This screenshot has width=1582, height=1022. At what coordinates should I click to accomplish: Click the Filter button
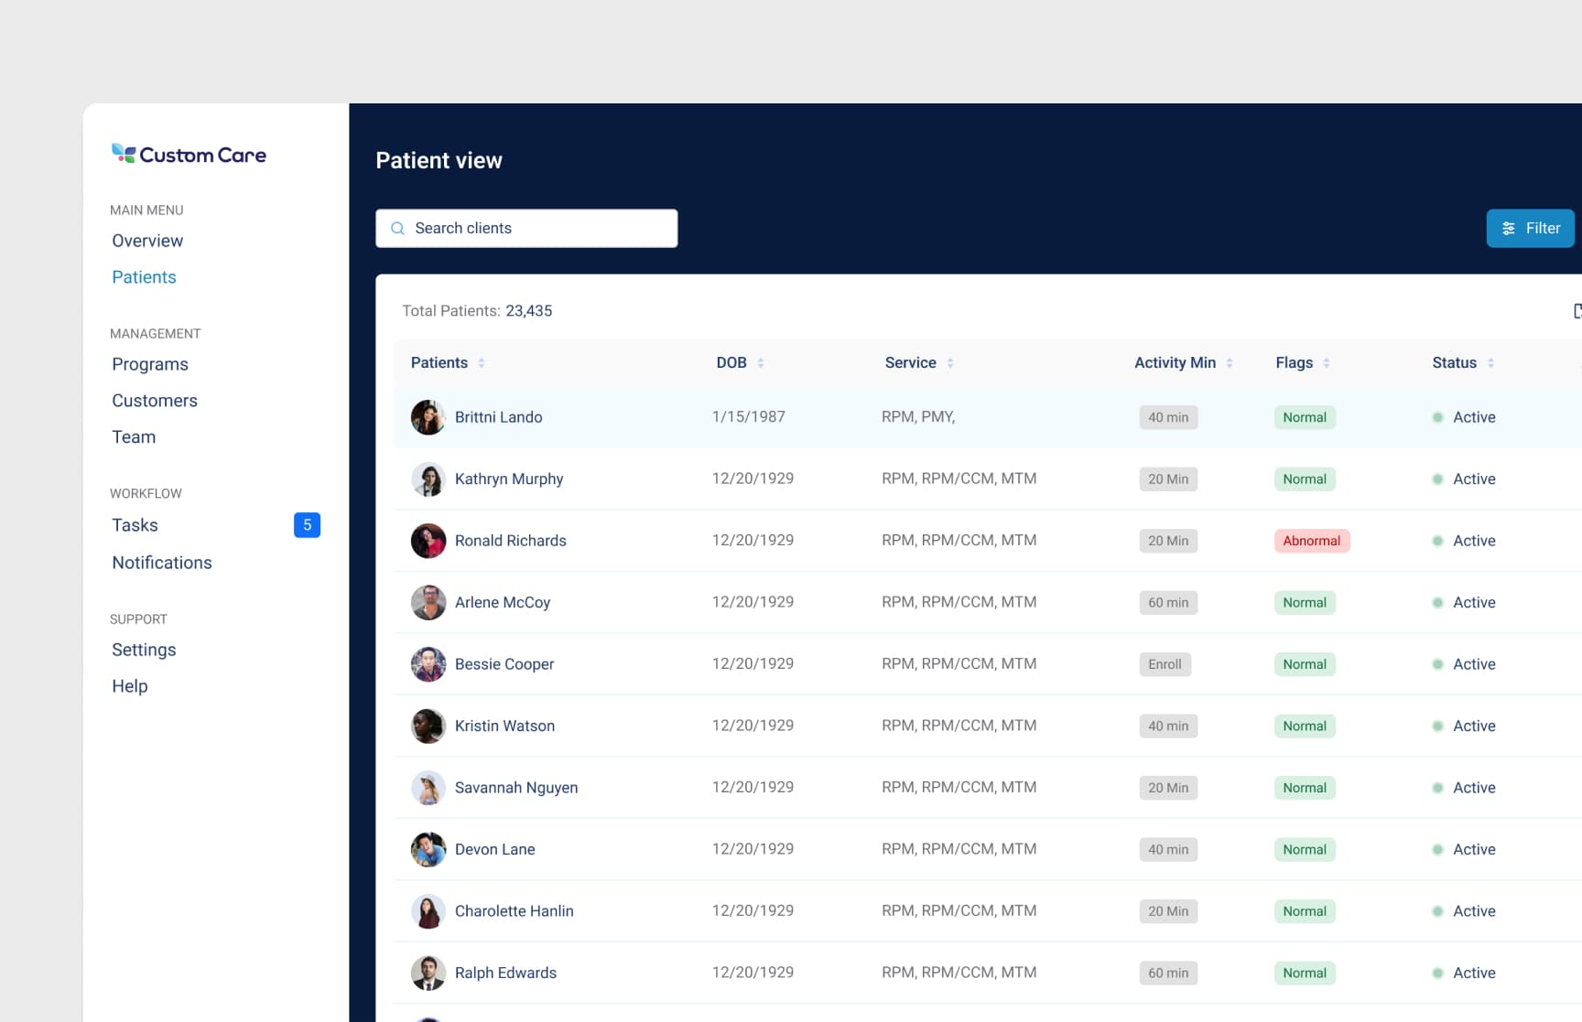pos(1530,229)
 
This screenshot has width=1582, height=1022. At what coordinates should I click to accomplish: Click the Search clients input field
pos(526,229)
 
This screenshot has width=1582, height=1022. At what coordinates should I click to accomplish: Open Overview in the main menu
pos(147,241)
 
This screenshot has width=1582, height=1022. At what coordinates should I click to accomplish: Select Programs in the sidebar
pos(150,364)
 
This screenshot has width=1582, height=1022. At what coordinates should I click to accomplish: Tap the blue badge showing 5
pos(307,525)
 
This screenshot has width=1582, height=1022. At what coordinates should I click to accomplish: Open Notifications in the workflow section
pos(162,563)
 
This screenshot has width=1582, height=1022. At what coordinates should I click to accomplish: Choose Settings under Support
pos(144,650)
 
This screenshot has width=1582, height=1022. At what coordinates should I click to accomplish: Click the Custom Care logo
pos(189,155)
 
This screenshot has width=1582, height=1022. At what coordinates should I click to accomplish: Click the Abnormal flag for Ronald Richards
pos(1311,541)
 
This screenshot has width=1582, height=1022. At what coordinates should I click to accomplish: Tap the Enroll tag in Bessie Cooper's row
pos(1165,664)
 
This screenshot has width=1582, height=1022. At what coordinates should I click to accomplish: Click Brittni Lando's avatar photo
pos(428,417)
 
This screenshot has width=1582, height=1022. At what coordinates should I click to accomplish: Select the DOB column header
pos(731,363)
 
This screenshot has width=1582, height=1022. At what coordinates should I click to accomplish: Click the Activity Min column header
pos(1175,363)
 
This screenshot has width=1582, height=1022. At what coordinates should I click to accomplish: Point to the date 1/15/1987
pos(748,417)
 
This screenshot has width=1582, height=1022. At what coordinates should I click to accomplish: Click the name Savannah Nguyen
pos(516,788)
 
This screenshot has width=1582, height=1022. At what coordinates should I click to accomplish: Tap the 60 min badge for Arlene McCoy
pos(1168,603)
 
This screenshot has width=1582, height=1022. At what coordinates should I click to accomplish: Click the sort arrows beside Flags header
pos(1327,363)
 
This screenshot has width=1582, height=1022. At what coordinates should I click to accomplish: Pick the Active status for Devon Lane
pos(1473,850)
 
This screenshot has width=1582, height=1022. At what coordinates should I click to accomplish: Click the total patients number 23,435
pos(529,311)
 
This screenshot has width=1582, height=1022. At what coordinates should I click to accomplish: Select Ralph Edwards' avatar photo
pos(428,974)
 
